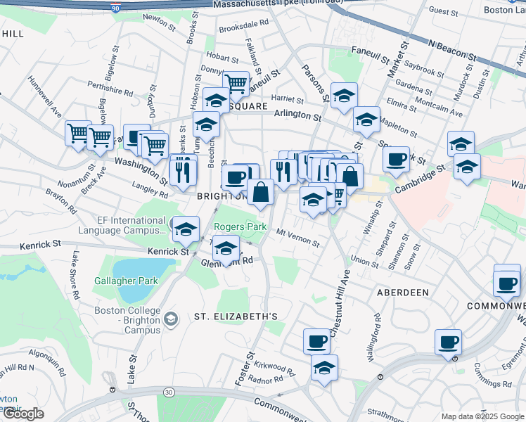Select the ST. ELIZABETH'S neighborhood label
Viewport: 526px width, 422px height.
[231, 316]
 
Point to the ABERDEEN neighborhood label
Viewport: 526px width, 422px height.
[402, 292]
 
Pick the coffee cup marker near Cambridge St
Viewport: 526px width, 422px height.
[397, 159]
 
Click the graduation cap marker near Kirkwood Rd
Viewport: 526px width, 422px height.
[324, 368]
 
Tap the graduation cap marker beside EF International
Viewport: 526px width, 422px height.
[186, 230]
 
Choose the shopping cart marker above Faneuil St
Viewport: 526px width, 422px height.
[236, 84]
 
